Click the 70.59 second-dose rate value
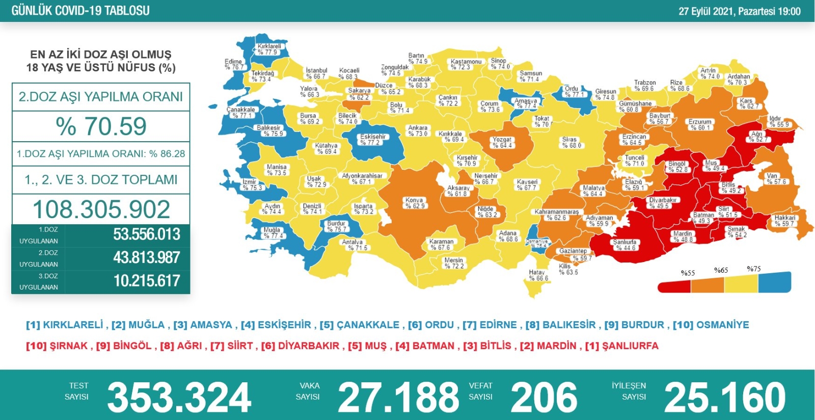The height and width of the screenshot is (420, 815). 101,126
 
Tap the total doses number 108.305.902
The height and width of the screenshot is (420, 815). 101,209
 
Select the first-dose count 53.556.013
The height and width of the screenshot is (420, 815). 147,234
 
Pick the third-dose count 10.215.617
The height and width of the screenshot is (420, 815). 147,281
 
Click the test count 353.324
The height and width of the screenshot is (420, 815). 179,398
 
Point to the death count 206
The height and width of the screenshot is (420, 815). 544,398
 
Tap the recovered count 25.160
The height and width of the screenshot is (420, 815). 725,398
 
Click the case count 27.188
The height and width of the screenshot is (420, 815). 398,398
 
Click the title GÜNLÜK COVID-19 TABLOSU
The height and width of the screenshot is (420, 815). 80,11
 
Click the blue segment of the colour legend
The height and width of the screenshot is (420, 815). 774,282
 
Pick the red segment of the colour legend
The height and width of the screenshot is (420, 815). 674,287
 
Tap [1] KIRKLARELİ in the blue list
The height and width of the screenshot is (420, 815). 65,325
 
